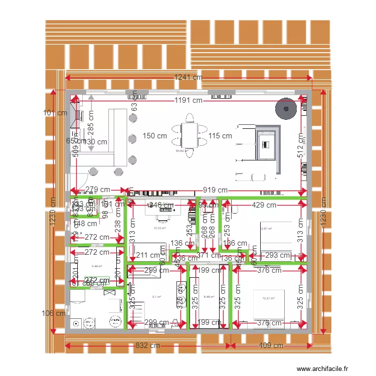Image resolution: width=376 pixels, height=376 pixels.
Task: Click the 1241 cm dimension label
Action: click(x=188, y=77)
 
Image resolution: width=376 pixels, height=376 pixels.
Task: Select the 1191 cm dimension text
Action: click(x=188, y=100)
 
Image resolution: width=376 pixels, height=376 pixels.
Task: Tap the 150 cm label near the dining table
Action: click(x=155, y=136)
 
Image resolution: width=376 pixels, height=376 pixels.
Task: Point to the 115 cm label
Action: click(x=220, y=136)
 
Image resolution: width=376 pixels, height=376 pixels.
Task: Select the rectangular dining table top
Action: click(x=190, y=136)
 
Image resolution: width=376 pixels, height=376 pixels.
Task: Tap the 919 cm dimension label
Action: click(x=215, y=190)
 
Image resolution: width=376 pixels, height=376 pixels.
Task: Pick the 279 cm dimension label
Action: click(x=98, y=190)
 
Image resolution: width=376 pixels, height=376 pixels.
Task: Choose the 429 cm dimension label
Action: click(x=264, y=205)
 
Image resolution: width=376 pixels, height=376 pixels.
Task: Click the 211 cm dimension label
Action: click(x=148, y=255)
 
